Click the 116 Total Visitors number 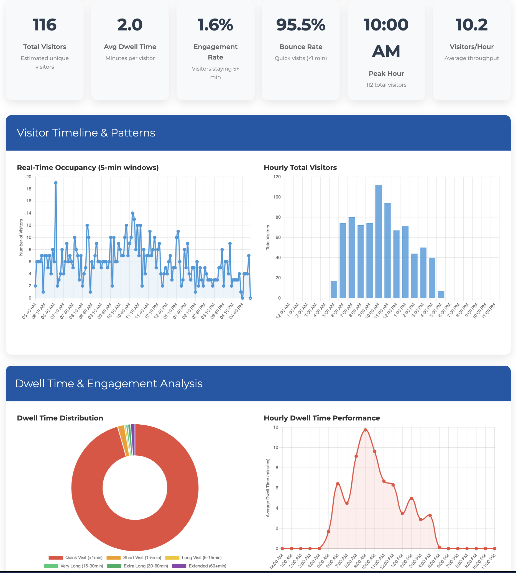coord(45,25)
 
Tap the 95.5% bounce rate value coord(300,25)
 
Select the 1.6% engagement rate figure coord(215,25)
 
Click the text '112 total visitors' coord(386,85)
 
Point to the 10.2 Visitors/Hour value coord(471,25)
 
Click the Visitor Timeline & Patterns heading coord(86,133)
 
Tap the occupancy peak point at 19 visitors coord(56,183)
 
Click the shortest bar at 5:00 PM coord(441,294)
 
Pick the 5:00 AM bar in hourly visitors coord(334,289)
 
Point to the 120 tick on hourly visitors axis coord(277,177)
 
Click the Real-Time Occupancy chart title coord(88,167)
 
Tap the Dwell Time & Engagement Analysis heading coord(109,383)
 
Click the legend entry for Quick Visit coord(75,557)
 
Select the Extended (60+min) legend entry coord(199,566)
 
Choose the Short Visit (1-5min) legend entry coord(134,557)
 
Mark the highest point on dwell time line coord(365,430)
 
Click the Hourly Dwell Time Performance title coord(321,418)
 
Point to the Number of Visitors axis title coord(21,237)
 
